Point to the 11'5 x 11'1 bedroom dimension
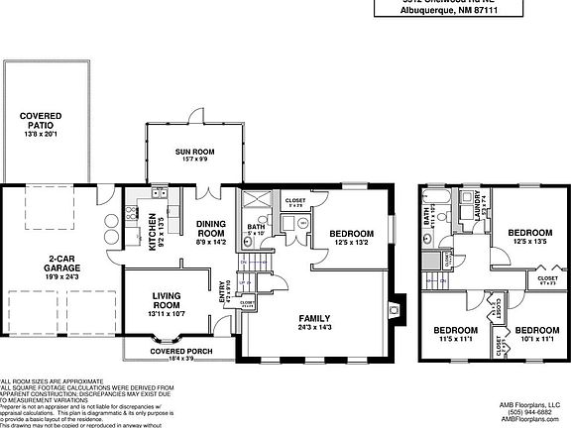(x=455, y=339)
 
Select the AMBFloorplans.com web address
(x=533, y=420)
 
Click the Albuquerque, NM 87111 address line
(x=454, y=12)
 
